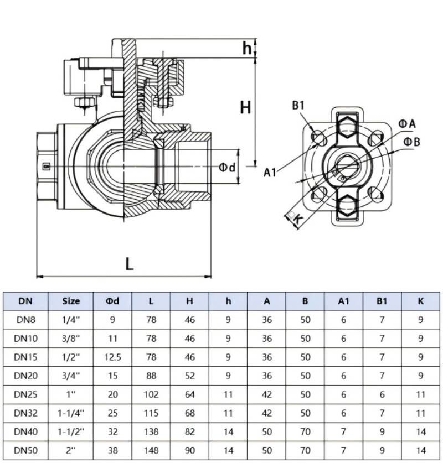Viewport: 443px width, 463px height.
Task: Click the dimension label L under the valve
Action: click(x=130, y=264)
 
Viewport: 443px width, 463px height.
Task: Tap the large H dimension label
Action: click(x=245, y=107)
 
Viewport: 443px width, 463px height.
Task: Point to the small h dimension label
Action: click(x=247, y=48)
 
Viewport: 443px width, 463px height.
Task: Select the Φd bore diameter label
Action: click(x=227, y=168)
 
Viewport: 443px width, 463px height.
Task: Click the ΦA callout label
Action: click(x=407, y=124)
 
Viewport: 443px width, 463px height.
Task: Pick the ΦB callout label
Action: click(x=411, y=142)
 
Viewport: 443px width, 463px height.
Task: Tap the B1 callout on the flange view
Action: click(x=298, y=106)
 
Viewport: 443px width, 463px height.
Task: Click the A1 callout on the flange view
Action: click(x=270, y=172)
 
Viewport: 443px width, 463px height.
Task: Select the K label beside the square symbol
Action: click(x=298, y=219)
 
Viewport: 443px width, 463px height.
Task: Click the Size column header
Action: click(x=71, y=301)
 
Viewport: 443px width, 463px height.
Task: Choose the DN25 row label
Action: click(x=25, y=394)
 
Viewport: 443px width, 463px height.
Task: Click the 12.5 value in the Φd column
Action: click(x=112, y=357)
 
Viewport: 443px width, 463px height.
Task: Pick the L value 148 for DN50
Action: click(x=151, y=451)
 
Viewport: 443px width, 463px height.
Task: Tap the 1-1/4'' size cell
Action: click(x=71, y=413)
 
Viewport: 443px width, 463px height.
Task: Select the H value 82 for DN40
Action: click(x=189, y=432)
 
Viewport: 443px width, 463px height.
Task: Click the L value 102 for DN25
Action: click(x=151, y=394)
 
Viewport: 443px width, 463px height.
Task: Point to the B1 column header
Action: click(x=382, y=301)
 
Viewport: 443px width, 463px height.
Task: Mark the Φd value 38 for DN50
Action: click(x=112, y=451)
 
